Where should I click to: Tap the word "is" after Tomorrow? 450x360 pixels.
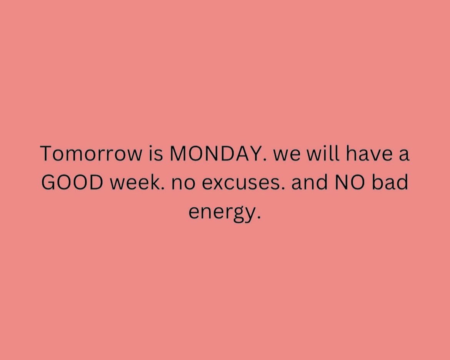(x=155, y=154)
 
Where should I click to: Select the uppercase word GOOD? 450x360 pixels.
(x=72, y=183)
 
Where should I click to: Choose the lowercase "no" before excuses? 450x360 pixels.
(x=183, y=185)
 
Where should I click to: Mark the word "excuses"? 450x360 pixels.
(x=242, y=185)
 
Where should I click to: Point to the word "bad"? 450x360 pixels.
(x=390, y=183)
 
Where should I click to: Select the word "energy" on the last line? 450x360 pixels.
(x=221, y=213)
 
